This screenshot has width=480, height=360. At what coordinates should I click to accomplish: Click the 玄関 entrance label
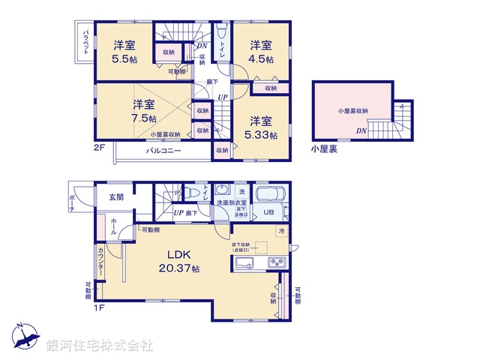116,196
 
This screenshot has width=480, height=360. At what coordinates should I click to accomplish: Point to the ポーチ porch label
71,201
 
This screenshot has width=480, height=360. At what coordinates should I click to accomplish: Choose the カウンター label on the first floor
100,260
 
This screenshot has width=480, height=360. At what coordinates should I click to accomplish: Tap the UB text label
268,213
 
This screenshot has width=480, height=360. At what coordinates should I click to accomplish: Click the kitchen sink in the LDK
245,262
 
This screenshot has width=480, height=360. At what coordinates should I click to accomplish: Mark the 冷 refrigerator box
282,231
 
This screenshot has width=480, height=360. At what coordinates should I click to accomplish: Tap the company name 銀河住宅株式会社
100,346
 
